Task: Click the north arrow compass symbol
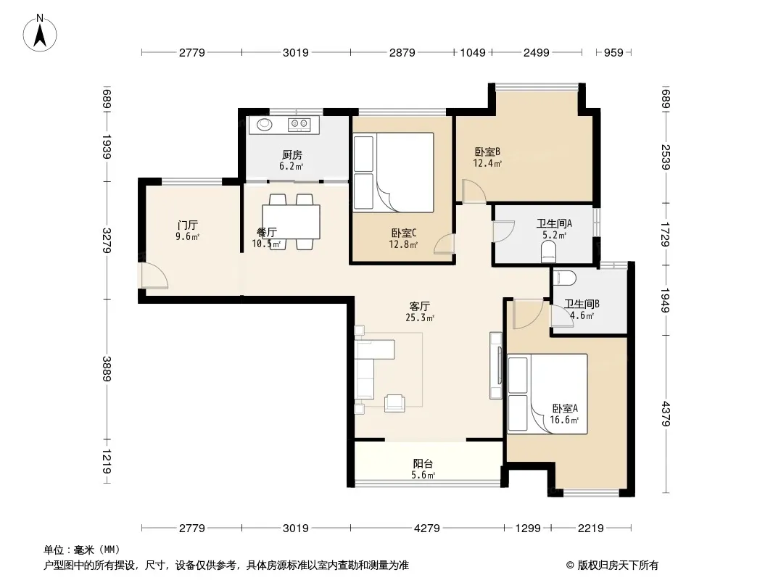40,33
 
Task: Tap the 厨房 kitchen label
292,154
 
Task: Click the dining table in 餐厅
292,222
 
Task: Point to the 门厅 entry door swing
154,276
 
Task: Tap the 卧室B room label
487,152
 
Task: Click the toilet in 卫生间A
548,254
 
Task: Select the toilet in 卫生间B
564,278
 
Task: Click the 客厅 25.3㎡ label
420,312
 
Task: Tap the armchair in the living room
394,402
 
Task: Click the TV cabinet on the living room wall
496,365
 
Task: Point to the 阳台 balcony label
423,463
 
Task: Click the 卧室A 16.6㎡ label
564,414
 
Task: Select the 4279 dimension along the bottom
427,529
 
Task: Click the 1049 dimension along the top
473,52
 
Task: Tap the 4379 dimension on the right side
666,414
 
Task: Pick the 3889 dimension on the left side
107,368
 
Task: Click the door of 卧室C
445,244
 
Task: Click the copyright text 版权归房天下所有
618,565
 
